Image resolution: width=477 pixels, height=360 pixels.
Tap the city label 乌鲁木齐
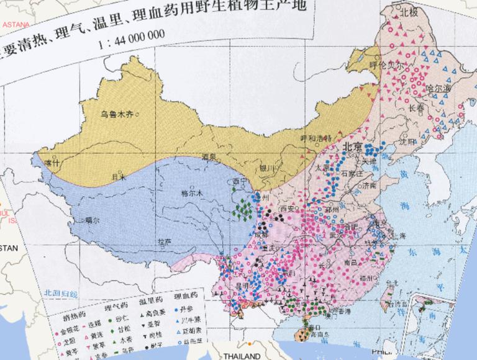tap(118, 114)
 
